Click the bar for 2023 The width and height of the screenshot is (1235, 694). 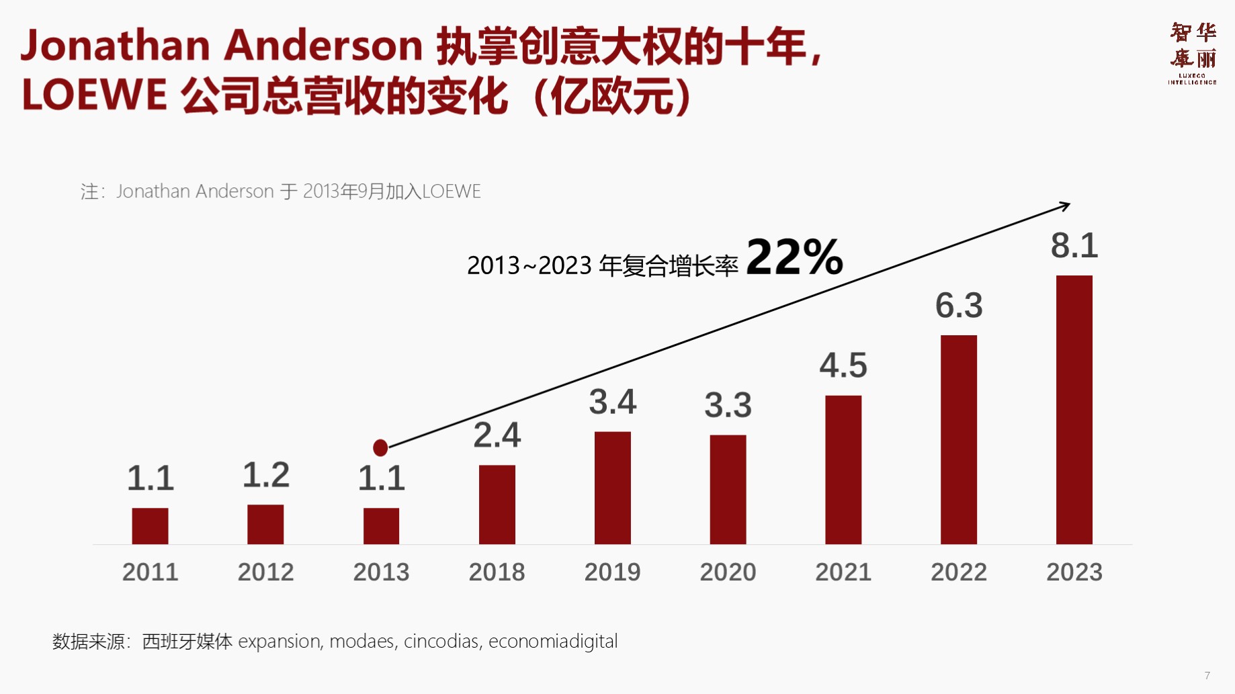[x=1074, y=409]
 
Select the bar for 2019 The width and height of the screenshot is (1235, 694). [x=612, y=487]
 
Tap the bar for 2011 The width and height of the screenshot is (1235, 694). [x=150, y=525]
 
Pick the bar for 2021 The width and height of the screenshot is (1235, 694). [x=843, y=469]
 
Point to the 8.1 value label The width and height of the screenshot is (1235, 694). [x=1074, y=246]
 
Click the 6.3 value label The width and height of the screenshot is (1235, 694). [x=959, y=306]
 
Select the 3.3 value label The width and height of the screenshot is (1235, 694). [x=728, y=405]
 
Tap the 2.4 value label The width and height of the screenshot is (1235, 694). [x=497, y=435]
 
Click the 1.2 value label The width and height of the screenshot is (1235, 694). [x=265, y=475]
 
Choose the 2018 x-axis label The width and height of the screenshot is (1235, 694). [x=497, y=572]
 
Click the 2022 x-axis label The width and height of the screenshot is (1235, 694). [x=959, y=572]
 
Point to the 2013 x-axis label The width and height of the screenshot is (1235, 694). [x=381, y=572]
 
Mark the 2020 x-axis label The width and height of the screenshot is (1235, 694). [x=728, y=572]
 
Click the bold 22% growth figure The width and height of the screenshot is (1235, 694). [x=794, y=257]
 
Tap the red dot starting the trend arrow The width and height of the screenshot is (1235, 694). [x=380, y=447]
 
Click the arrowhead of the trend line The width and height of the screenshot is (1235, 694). [x=1065, y=206]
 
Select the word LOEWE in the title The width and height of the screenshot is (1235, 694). [x=94, y=95]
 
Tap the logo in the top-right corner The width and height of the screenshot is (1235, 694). [x=1193, y=53]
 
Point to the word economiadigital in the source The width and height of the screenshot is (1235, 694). [x=552, y=642]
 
